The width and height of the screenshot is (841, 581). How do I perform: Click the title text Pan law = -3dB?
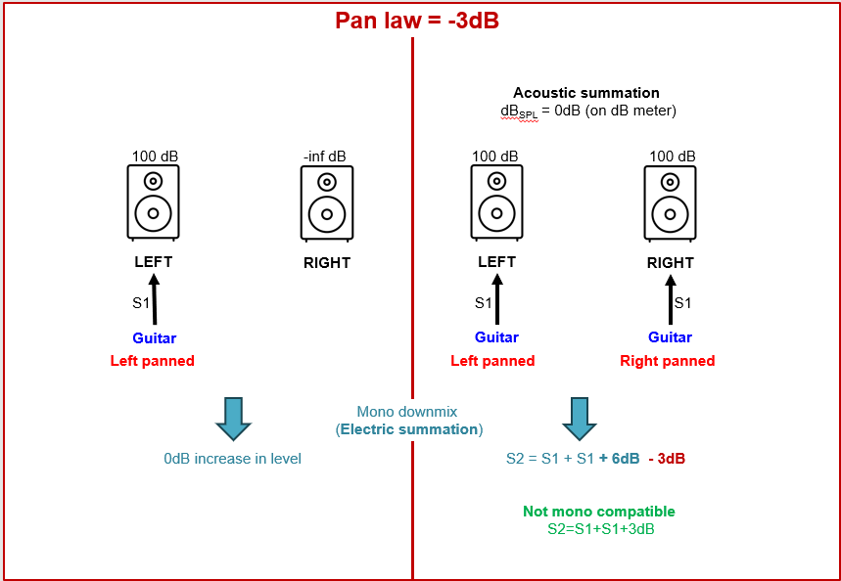(417, 21)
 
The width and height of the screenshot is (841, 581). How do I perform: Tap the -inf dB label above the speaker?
(325, 156)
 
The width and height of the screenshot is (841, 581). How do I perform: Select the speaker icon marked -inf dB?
(327, 202)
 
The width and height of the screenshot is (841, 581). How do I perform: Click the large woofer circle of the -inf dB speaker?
(327, 213)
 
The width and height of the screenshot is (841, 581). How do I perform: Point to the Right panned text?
(667, 361)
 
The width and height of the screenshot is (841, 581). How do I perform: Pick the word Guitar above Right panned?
(670, 337)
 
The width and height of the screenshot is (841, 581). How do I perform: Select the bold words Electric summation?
(409, 429)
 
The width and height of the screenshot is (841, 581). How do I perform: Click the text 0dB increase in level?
(232, 458)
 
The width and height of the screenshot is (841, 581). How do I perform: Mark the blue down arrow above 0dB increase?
(233, 419)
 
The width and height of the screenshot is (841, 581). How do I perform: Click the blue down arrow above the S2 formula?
(580, 419)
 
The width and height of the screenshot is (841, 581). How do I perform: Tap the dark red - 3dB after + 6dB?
(666, 458)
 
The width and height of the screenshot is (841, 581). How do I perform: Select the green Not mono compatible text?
(599, 512)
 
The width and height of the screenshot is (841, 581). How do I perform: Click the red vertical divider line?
(412, 293)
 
